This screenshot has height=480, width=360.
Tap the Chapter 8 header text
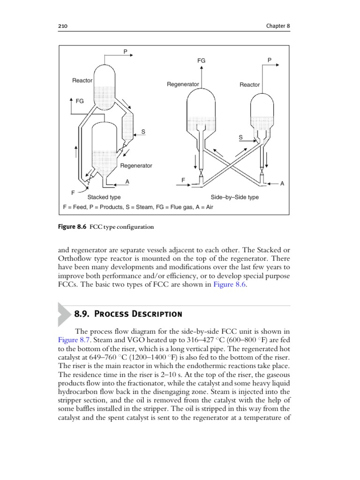[x=277, y=27]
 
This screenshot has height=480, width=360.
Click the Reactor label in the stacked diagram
[x=82, y=81]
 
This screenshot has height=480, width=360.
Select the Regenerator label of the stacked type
[x=136, y=165]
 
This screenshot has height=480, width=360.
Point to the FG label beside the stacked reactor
[x=79, y=101]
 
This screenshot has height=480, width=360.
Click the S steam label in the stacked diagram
[x=143, y=132]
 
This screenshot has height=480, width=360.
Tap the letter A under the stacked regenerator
[x=127, y=181]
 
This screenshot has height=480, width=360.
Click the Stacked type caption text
[x=104, y=197]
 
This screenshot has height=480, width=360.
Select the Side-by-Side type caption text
[x=234, y=197]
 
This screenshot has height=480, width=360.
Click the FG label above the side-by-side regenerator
[x=201, y=61]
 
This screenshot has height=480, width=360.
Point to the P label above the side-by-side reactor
[x=269, y=60]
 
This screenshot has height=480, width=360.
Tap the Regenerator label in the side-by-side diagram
[x=183, y=84]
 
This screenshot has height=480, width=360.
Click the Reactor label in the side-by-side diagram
[x=249, y=85]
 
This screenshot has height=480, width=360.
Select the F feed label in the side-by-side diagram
[x=183, y=180]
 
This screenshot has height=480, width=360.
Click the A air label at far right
[x=282, y=184]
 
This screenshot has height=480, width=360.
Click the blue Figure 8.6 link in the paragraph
[x=229, y=287]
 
